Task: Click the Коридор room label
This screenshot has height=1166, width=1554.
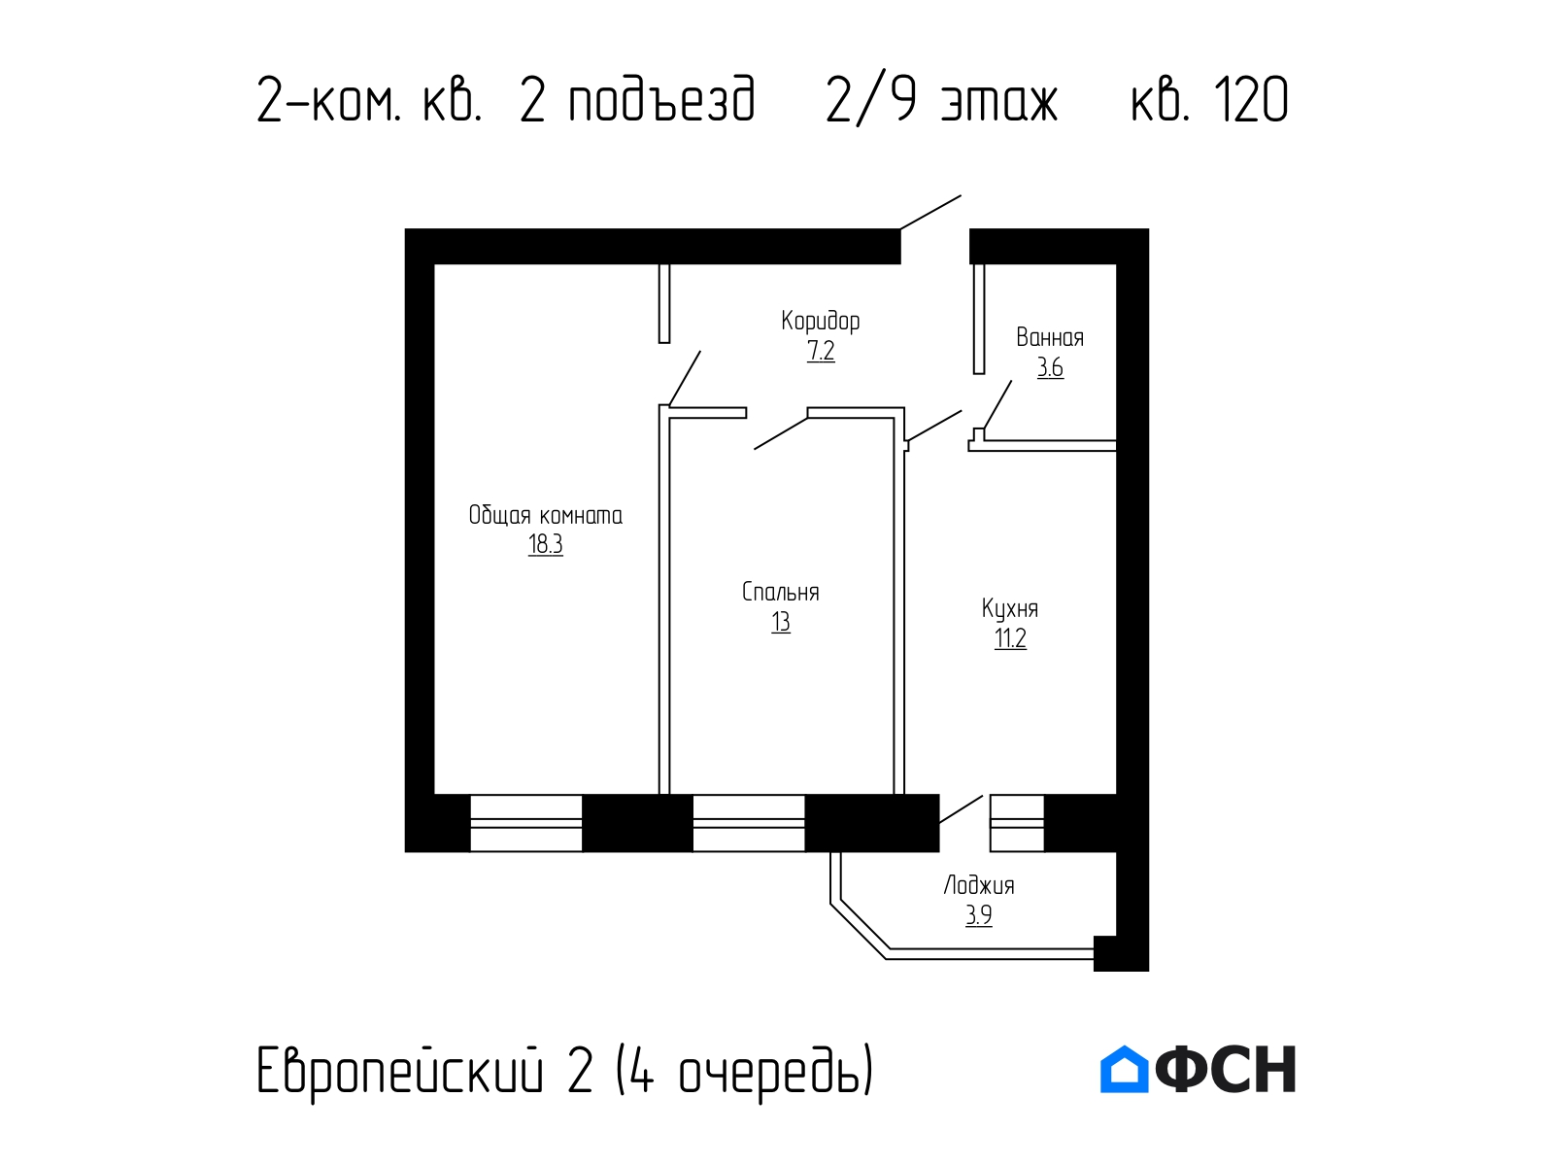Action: pos(820,321)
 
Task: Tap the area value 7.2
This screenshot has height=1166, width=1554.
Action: pos(821,351)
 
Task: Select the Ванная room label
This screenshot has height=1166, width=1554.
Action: pos(1049,337)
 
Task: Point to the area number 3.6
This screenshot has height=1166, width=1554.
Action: pos(1050,367)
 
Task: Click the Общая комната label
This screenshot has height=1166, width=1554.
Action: pos(545,515)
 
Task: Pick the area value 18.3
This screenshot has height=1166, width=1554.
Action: pos(545,544)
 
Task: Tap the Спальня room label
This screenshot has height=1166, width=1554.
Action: pos(780,592)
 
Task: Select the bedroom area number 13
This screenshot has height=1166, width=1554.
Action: pos(780,622)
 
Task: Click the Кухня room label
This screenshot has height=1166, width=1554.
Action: pos(1009,609)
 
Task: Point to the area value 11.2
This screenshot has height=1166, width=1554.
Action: pos(1009,637)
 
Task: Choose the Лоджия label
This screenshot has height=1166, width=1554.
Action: pos(978,885)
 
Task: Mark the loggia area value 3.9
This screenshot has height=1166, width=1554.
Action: pos(978,915)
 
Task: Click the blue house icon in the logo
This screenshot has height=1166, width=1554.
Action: pos(1124,1069)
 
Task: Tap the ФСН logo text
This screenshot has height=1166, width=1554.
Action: pos(1226,1069)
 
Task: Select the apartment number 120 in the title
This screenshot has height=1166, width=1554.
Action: pos(1252,100)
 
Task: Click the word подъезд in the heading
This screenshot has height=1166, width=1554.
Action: pos(662,100)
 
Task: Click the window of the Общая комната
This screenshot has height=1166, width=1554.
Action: pos(526,823)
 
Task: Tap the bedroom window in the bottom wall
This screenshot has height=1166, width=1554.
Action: pos(748,823)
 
